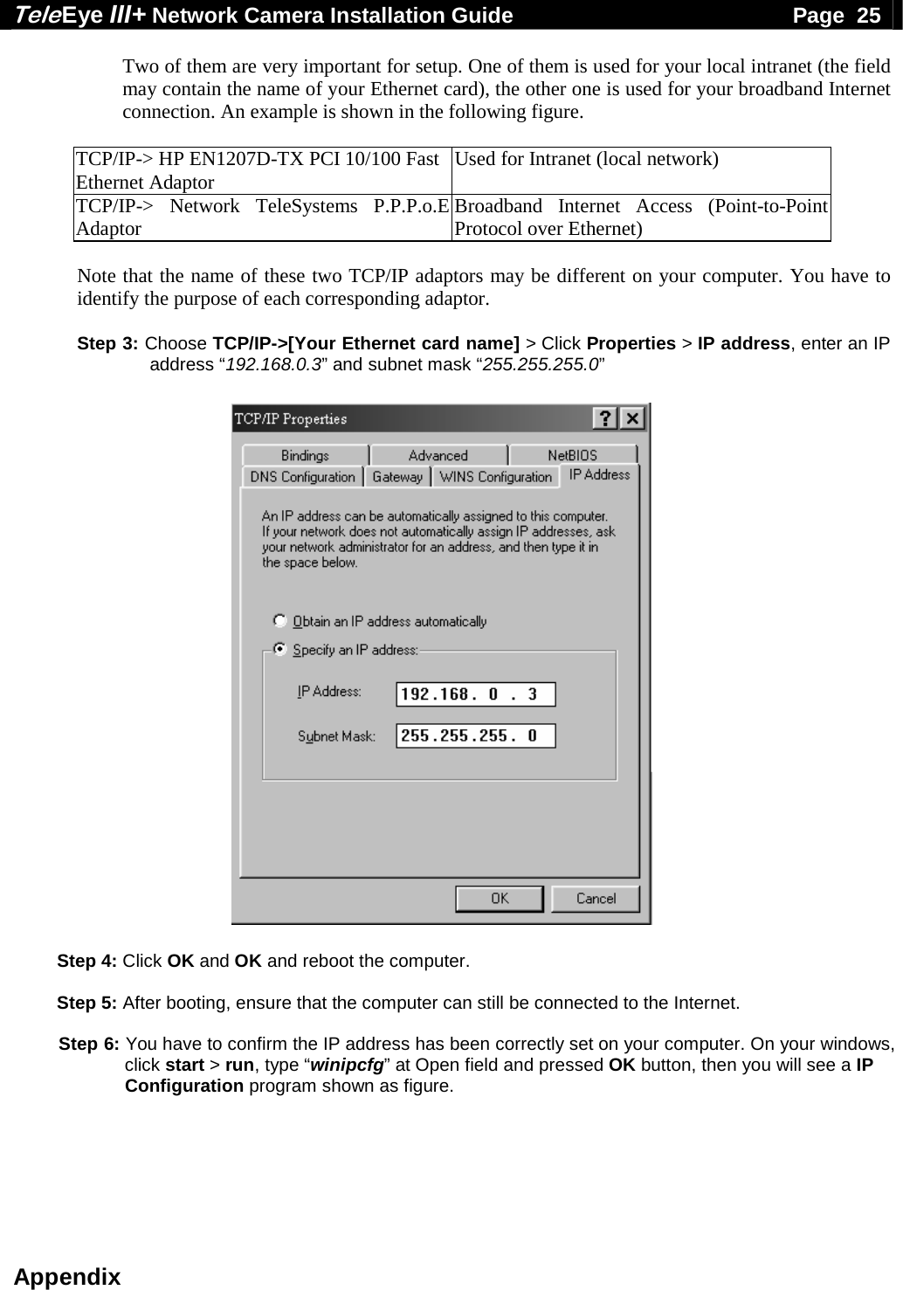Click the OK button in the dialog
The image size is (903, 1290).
pos(499,899)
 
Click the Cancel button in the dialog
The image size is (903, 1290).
pos(596,899)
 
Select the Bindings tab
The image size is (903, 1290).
pos(305,455)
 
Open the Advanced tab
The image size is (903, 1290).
pos(438,455)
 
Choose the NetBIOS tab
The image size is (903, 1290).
pos(572,455)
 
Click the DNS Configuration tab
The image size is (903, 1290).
pos(302,477)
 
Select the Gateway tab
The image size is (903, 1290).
pos(397,477)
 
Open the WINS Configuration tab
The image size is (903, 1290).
pos(495,477)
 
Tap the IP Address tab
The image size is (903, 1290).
pos(599,475)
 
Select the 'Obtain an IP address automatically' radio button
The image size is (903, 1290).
pos(279,621)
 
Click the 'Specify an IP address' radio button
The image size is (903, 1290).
pos(279,649)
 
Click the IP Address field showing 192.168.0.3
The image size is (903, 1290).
pos(476,694)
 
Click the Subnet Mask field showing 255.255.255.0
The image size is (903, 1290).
pos(476,735)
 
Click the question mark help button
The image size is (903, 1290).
pos(605,418)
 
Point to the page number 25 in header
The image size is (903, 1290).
pos(868,15)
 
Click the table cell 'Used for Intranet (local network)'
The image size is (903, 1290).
pos(587,160)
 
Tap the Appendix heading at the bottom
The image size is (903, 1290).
pos(67,1277)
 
